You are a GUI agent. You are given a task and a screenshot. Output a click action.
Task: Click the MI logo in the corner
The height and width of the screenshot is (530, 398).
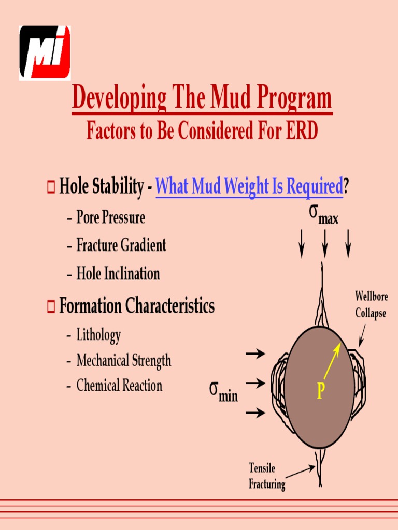tap(45, 53)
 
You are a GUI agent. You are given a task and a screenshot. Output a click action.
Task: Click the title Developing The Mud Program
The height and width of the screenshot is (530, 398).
tap(202, 98)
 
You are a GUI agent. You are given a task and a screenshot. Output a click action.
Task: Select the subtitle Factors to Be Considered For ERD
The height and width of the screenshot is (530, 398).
tap(202, 131)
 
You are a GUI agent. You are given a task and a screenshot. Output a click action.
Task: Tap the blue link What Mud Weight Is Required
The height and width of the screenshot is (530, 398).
tap(249, 186)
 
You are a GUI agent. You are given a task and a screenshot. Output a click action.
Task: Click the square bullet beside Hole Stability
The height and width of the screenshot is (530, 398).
tap(51, 186)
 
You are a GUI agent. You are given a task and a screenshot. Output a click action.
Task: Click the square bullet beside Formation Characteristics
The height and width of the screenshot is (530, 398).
tap(51, 306)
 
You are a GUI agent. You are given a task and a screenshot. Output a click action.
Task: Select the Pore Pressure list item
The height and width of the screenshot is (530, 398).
tap(110, 217)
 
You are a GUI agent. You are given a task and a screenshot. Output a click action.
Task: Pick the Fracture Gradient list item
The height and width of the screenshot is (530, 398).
tap(121, 245)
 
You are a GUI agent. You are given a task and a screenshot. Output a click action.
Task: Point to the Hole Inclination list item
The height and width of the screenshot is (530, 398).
tap(118, 273)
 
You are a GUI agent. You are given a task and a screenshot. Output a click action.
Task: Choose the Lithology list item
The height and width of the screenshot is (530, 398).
tap(98, 335)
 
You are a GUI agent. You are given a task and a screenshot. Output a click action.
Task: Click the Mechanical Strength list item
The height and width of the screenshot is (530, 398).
tap(123, 360)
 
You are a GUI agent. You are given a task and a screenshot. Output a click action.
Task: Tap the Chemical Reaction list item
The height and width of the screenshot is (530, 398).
tap(119, 386)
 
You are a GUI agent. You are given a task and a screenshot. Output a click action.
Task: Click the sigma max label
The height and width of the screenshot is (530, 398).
tap(323, 215)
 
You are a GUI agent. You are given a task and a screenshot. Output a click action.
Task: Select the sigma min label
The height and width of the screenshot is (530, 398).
tap(223, 392)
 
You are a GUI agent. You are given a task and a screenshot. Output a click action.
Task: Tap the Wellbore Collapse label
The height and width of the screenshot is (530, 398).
tap(370, 305)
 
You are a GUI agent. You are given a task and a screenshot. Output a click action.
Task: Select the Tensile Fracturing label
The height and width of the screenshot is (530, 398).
tap(266, 476)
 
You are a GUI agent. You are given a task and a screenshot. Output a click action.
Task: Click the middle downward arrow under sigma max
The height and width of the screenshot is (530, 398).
tap(324, 243)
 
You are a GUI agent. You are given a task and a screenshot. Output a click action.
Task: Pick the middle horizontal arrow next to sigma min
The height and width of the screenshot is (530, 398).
tap(255, 384)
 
